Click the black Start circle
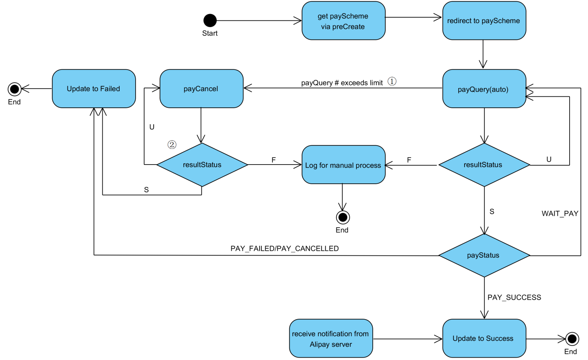[210, 20]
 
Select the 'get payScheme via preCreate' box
[343, 21]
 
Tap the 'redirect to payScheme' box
[484, 21]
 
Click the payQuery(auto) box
[484, 89]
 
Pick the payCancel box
[201, 89]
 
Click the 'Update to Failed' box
[94, 89]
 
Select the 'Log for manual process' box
[343, 165]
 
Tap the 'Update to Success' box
[484, 338]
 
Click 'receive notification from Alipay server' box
[331, 338]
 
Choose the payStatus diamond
[484, 255]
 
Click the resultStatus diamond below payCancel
[202, 165]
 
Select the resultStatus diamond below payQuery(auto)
[484, 165]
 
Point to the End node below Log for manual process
[343, 217]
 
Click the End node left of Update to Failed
[15, 89]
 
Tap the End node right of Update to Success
[572, 338]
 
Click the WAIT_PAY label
[560, 213]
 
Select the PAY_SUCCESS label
[514, 297]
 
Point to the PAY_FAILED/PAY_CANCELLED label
[285, 248]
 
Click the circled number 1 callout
[392, 81]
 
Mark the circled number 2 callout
[172, 145]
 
